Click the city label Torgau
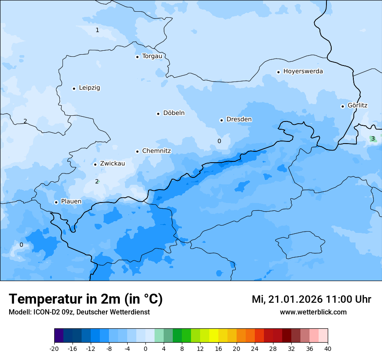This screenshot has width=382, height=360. [x=152, y=56]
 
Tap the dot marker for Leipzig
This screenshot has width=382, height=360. [x=74, y=88]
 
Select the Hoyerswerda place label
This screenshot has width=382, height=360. [x=303, y=72]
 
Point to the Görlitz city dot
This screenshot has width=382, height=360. [x=342, y=106]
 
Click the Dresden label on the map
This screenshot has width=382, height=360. [x=239, y=120]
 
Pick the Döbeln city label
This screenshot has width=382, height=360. [x=174, y=113]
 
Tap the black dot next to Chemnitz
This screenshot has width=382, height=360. [x=137, y=151]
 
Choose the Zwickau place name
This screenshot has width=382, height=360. [x=112, y=164]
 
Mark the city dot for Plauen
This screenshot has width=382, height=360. [x=56, y=202]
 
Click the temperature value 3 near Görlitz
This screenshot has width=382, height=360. [x=372, y=138]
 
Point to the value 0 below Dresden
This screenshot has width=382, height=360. [x=219, y=141]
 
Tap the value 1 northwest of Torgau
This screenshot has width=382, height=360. [x=97, y=30]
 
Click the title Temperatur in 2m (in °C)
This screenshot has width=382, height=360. [x=86, y=299]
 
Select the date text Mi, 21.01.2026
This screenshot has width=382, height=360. [x=286, y=299]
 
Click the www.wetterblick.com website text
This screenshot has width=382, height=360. [x=313, y=312]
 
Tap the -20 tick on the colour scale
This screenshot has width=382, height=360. [x=54, y=349]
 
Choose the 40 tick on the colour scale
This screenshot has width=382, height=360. [x=328, y=349]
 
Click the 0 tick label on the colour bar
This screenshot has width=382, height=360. [x=145, y=349]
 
